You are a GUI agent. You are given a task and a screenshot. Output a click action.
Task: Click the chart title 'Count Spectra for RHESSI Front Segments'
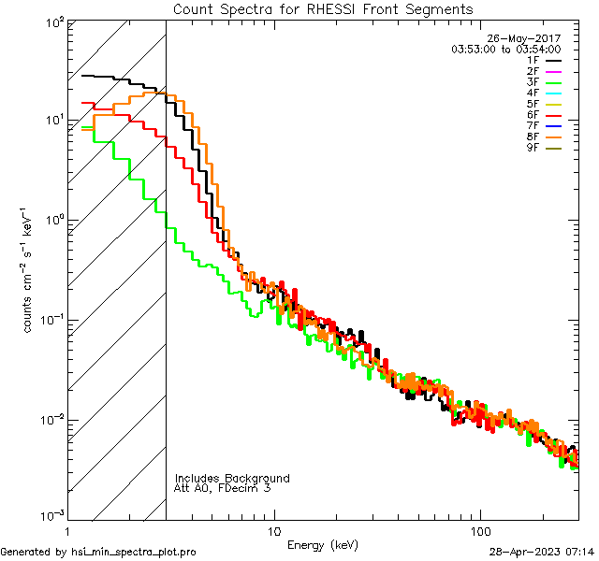point(323,8)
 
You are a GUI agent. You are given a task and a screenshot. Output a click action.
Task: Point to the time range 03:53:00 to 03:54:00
point(505,49)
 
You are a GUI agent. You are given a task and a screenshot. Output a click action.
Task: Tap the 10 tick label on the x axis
point(273,530)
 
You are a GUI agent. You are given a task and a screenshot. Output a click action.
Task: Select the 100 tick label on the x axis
point(479,530)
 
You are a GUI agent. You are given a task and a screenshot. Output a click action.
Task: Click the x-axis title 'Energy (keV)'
point(322,544)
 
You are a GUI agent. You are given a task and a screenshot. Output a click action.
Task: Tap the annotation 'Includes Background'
point(232,478)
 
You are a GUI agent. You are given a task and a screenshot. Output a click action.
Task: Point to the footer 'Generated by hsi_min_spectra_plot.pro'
point(99,553)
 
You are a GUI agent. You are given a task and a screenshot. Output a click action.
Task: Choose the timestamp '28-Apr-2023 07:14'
point(541,553)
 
